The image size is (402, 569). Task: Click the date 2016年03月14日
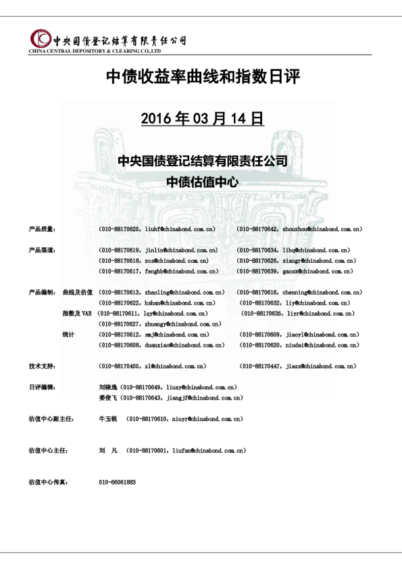[x=201, y=119]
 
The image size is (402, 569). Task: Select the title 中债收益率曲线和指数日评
[x=201, y=78]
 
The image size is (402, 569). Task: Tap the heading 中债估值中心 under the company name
[x=201, y=182]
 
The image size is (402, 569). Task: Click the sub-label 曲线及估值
[x=77, y=293]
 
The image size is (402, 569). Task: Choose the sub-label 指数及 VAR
[x=76, y=314]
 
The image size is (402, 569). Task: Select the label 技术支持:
[x=42, y=366]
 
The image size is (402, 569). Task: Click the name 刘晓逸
[x=108, y=388]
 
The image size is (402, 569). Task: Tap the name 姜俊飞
[x=108, y=398]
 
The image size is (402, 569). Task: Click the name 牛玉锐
[x=108, y=419]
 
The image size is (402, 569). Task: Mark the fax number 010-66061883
[x=118, y=483]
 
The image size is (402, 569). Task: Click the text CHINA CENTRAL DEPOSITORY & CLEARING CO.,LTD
[x=94, y=51]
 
